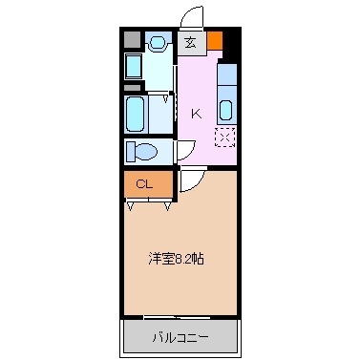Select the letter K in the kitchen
[196, 114]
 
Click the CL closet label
[144, 183]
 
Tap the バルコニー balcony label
[180, 336]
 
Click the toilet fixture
[141, 151]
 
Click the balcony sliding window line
[180, 316]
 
